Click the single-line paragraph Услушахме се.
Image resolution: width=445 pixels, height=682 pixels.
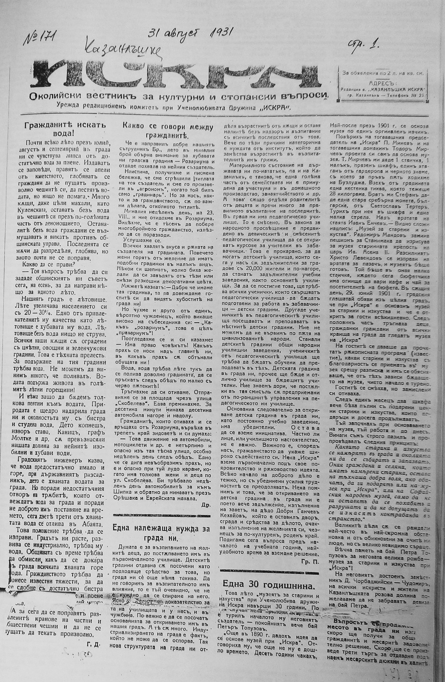138,240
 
